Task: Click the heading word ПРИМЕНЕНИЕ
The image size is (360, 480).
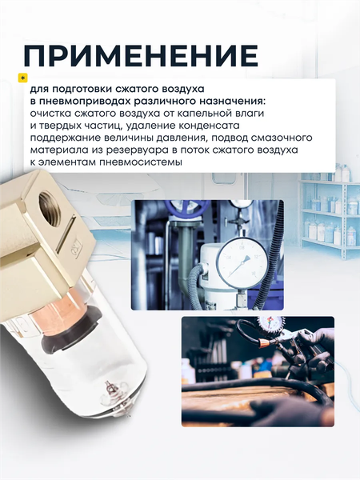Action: click(x=141, y=55)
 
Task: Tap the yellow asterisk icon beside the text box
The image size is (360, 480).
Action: click(x=22, y=78)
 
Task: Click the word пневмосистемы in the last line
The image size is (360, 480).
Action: click(x=145, y=162)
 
